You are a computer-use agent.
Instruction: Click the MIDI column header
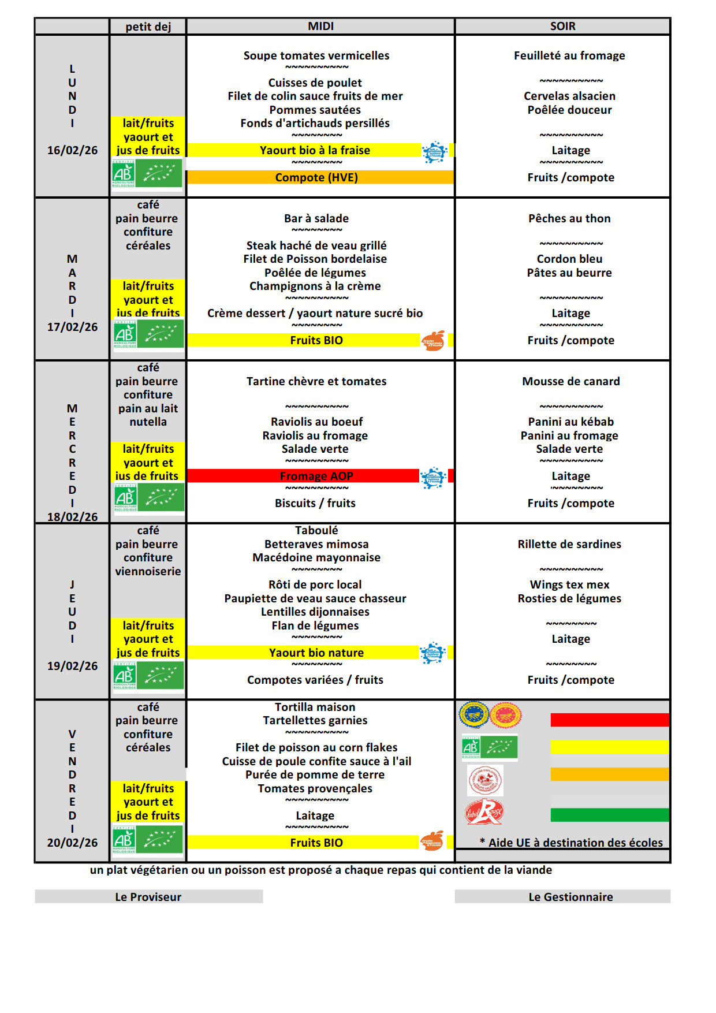[320, 27]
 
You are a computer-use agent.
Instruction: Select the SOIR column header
[562, 27]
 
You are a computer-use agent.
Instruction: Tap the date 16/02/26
[72, 150]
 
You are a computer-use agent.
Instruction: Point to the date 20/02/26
[72, 843]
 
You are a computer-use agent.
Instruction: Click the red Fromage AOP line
[316, 476]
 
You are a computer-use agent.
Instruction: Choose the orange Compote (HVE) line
[316, 177]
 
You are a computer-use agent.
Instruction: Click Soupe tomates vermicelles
[316, 55]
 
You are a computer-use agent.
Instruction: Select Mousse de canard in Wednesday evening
[570, 381]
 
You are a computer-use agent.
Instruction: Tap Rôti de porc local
[315, 584]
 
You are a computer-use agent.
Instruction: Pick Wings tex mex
[569, 584]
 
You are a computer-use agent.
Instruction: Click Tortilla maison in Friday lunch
[315, 707]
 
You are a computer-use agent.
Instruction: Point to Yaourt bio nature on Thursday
[316, 653]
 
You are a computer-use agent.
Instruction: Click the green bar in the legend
[609, 815]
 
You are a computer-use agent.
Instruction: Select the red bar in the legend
[609, 720]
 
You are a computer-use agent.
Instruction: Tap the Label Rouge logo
[484, 812]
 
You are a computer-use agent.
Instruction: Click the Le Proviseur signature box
[148, 897]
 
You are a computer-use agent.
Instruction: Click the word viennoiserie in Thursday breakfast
[148, 571]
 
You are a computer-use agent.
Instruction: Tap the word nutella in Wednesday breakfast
[148, 422]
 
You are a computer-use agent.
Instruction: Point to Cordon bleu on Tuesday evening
[569, 259]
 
